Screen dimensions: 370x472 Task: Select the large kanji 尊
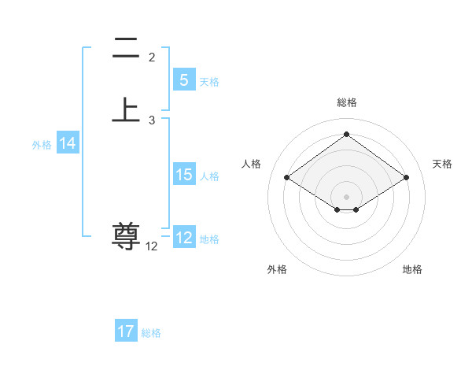coord(126,235)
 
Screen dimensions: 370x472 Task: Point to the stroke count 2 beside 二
coord(152,57)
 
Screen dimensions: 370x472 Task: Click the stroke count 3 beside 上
coord(152,120)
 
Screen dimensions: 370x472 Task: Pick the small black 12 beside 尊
coord(151,246)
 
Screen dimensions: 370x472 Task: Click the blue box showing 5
coord(183,80)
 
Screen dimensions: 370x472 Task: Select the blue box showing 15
coord(183,175)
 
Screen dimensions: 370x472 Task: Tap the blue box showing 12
coord(183,238)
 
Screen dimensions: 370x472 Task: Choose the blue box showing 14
coord(67,143)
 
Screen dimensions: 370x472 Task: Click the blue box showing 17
coord(126,331)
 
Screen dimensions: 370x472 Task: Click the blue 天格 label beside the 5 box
coord(209,82)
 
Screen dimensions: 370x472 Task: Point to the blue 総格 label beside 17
coord(151,333)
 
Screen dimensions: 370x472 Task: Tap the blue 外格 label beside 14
coord(42,145)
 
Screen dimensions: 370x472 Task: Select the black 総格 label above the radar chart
coord(347,102)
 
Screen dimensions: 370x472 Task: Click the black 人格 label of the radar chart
coord(252,164)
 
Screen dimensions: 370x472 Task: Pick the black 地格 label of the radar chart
coord(412,269)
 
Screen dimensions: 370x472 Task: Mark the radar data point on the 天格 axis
coord(406,178)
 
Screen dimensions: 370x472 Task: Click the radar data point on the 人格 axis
coord(287,178)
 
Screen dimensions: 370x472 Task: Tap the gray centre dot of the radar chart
coord(347,196)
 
